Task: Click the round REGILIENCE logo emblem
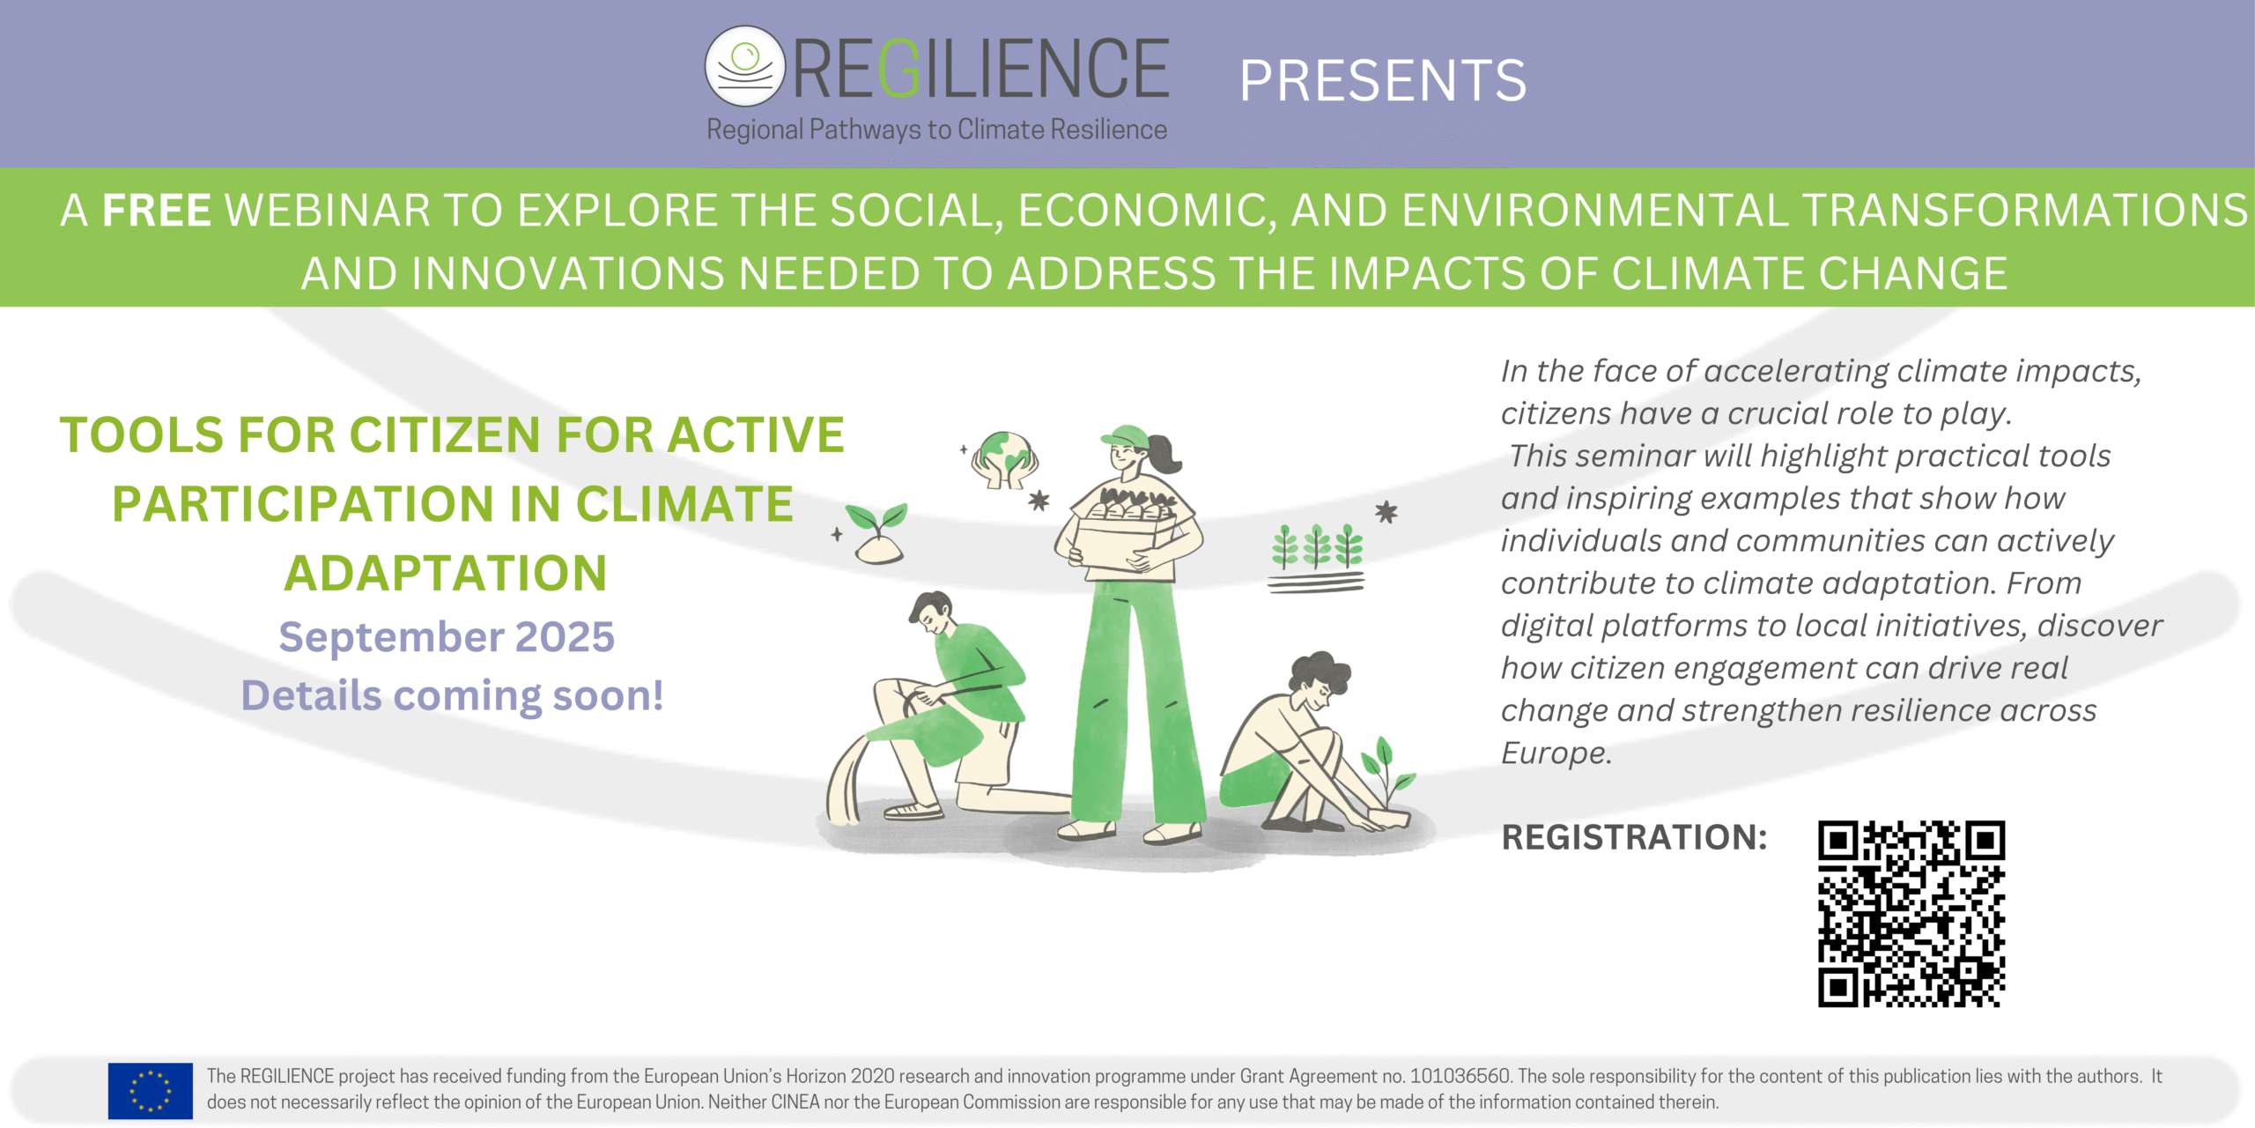(744, 65)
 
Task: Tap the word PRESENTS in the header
(1383, 81)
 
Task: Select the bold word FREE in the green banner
(157, 211)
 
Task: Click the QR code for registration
(1911, 914)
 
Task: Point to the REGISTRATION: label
(1634, 837)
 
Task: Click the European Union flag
(151, 1090)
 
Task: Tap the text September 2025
(447, 636)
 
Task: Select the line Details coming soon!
(452, 695)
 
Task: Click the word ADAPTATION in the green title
(446, 573)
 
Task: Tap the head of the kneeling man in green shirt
(932, 612)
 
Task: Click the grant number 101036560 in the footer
(1460, 1076)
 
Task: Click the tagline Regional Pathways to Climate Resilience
(936, 130)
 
